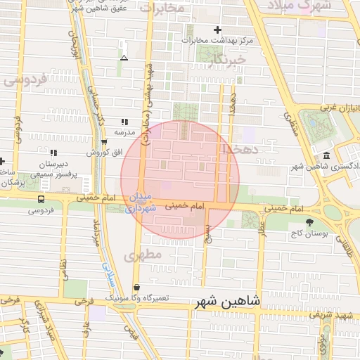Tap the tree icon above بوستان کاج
pos(309,222)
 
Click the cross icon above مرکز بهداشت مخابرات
pos(217,30)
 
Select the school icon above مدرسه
pos(124,122)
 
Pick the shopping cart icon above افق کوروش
pos(105,141)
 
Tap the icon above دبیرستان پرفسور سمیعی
pos(53,152)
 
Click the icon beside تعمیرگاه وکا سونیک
pos(136,288)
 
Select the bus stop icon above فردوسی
pos(41,199)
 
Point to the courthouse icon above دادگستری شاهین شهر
pos(327,155)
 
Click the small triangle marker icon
pos(124,58)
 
